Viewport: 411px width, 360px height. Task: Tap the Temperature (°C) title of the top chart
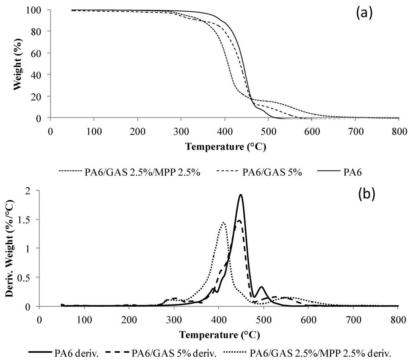(226, 147)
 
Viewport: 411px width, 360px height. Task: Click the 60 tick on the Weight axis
(41, 53)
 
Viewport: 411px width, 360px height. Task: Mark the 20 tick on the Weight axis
(41, 96)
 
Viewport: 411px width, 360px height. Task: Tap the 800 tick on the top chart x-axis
(399, 131)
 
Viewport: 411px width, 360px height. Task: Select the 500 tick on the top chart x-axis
(268, 131)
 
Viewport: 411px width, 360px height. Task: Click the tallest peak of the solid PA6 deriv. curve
(240, 195)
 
